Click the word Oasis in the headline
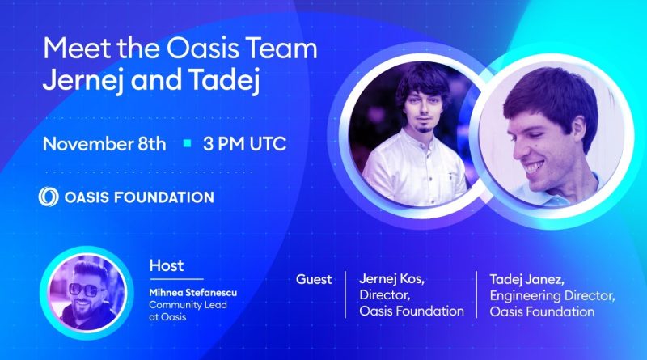tap(203, 49)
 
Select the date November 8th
tap(104, 144)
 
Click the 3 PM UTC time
tap(245, 144)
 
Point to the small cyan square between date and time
tap(188, 143)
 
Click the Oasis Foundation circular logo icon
tap(49, 197)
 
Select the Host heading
tap(167, 265)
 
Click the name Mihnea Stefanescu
tap(193, 293)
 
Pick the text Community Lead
tap(188, 305)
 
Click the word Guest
tap(314, 279)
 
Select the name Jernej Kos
tap(391, 279)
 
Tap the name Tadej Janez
tap(527, 279)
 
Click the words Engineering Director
tap(552, 296)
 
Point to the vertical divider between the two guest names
tap(476, 294)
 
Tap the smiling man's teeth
tap(534, 167)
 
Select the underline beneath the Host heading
tap(176, 279)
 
